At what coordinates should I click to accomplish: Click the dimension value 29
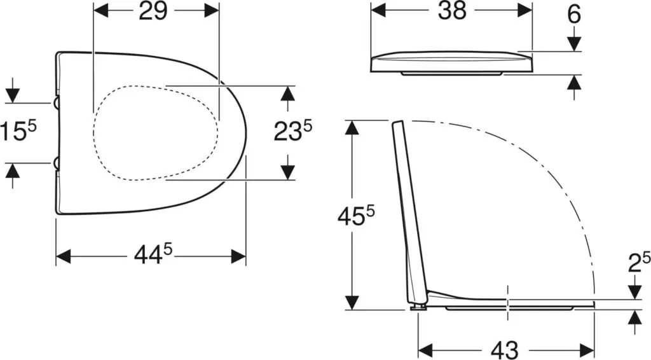click(153, 11)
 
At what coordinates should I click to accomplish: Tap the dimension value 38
click(452, 11)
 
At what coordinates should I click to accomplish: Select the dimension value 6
click(574, 15)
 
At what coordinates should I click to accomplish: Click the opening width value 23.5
click(292, 131)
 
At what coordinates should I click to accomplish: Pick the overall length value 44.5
click(153, 254)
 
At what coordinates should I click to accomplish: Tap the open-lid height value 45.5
click(356, 216)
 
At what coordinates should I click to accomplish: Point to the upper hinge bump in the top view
click(56, 102)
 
